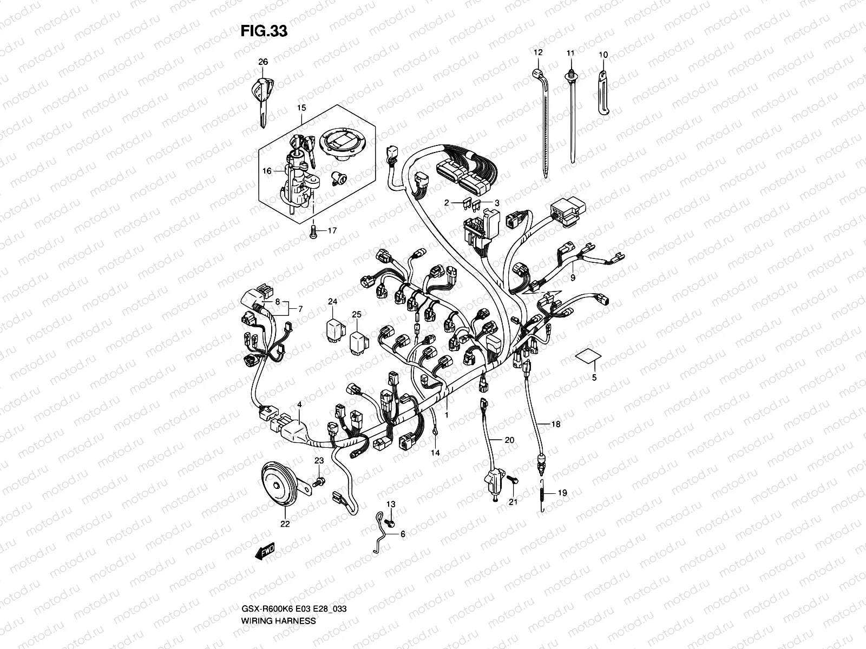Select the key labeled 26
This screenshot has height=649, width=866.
(x=263, y=97)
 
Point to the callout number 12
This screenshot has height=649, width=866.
(x=537, y=52)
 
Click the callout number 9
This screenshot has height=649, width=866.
(x=573, y=278)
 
